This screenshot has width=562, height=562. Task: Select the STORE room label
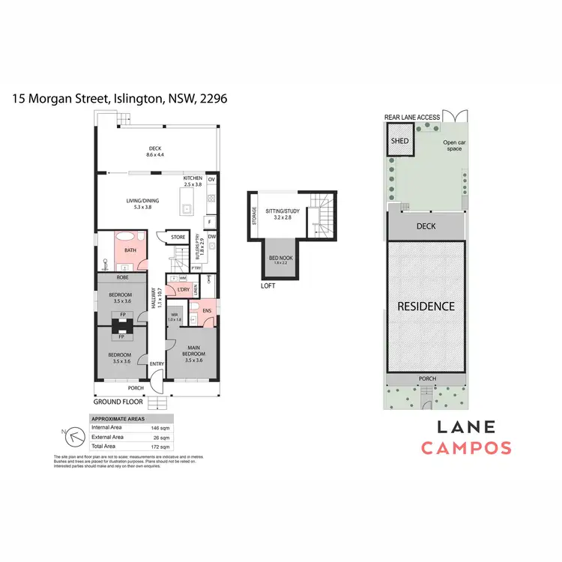178,238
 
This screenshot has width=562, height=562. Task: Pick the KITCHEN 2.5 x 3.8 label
193,181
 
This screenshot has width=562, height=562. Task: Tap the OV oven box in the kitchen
211,180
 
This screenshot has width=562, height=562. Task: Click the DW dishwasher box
212,237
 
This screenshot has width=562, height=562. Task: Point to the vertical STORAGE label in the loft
256,215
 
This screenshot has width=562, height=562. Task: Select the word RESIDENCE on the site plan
426,306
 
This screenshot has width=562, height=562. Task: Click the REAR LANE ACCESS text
412,118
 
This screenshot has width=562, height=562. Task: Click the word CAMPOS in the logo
465,448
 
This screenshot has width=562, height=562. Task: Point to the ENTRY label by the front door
157,364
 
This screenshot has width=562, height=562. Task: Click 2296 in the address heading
213,98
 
